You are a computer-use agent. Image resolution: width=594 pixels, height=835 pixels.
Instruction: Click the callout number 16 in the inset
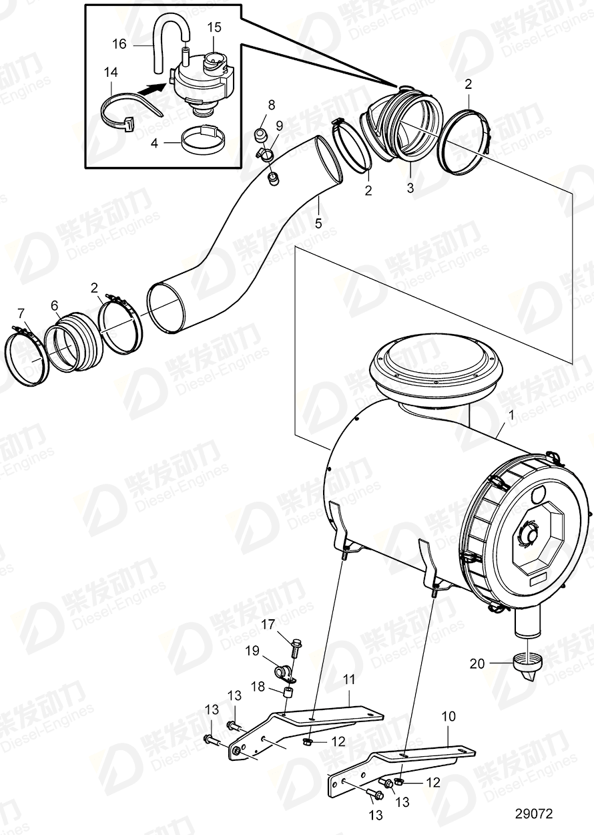pos(119,44)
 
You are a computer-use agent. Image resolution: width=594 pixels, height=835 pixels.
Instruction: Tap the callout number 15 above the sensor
pos(214,27)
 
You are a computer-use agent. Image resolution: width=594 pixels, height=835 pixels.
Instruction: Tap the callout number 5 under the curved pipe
pos(318,222)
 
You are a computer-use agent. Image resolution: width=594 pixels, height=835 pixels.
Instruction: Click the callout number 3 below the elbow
pos(410,188)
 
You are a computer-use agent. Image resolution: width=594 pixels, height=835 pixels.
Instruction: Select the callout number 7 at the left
pos(21,312)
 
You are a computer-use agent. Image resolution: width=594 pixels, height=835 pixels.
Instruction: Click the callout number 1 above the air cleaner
pos(511,415)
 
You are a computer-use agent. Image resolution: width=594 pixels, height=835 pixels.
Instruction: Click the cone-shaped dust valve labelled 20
pos(527,668)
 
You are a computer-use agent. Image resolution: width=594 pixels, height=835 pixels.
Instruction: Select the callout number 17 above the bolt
pos(268,625)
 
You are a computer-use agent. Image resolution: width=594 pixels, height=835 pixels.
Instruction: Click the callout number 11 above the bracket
pos(350,681)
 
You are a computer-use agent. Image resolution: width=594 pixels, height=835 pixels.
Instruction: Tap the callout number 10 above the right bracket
pos(449,717)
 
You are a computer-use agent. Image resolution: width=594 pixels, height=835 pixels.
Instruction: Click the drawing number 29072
pos(533,814)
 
